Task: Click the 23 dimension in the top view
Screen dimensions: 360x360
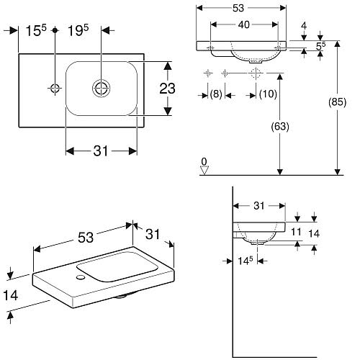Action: pyautogui.click(x=167, y=89)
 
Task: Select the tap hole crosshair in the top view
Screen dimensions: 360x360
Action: pyautogui.click(x=55, y=89)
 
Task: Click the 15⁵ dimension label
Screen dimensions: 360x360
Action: pyautogui.click(x=36, y=30)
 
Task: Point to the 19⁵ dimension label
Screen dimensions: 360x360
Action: pyautogui.click(x=78, y=30)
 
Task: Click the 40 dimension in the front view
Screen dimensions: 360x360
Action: pyautogui.click(x=244, y=24)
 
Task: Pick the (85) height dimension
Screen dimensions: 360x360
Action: pyautogui.click(x=337, y=102)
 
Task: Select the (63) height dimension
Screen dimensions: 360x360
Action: pyautogui.click(x=280, y=127)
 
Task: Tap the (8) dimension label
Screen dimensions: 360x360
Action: pyautogui.click(x=216, y=94)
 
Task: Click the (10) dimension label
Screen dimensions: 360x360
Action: pyautogui.click(x=268, y=94)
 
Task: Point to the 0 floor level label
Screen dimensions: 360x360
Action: pyautogui.click(x=204, y=161)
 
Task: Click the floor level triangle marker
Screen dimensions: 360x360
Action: pyautogui.click(x=204, y=171)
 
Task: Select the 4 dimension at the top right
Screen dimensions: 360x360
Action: pyautogui.click(x=304, y=26)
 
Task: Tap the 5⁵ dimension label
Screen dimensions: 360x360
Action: pyautogui.click(x=320, y=46)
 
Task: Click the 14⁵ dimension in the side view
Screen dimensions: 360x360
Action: pyautogui.click(x=246, y=261)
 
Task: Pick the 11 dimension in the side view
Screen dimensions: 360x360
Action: pyautogui.click(x=296, y=232)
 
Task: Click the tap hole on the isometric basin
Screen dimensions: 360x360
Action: pyautogui.click(x=81, y=277)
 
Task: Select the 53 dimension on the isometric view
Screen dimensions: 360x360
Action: pyautogui.click(x=86, y=238)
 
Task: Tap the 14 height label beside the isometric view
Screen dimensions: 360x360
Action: pyautogui.click(x=11, y=295)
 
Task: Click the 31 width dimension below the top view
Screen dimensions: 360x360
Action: pyautogui.click(x=101, y=151)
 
